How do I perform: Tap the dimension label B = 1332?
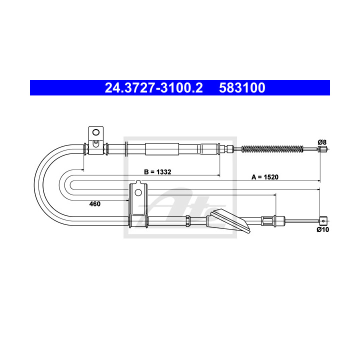157,172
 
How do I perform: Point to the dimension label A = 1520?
264,177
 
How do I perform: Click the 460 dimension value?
95,203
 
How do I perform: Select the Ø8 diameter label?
322,142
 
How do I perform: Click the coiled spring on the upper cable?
272,148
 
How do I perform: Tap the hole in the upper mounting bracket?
95,133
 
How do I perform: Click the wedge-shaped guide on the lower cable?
230,221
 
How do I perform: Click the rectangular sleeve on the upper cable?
161,148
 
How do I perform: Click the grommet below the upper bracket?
95,148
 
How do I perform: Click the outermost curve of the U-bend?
35,182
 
